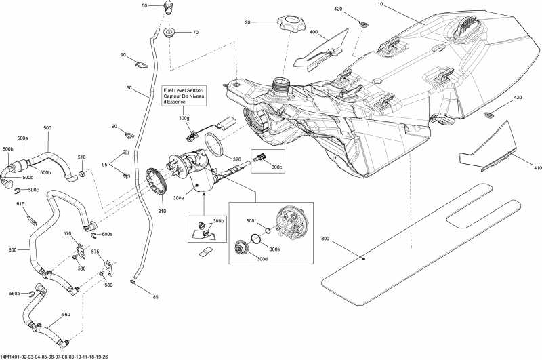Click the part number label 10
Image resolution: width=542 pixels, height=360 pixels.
click(380, 5)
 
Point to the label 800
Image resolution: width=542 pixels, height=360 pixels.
click(325, 239)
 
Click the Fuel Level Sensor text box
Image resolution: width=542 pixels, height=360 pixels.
click(184, 96)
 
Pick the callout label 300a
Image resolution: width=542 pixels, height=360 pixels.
click(179, 199)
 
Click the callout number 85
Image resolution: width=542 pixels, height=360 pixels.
click(155, 296)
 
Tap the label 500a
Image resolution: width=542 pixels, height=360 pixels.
click(22, 138)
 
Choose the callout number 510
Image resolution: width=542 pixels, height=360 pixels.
click(81, 157)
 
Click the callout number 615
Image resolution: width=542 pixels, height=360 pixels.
click(20, 203)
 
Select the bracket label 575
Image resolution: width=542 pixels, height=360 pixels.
click(95, 252)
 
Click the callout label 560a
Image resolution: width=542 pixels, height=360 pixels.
click(14, 294)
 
